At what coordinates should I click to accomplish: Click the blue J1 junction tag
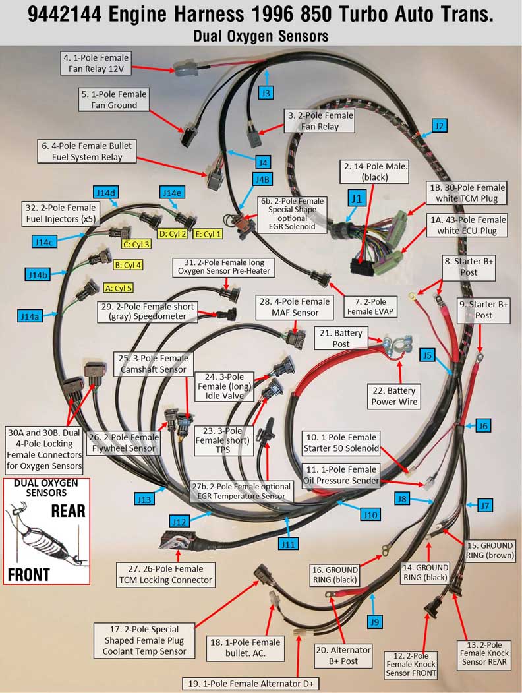click(x=357, y=198)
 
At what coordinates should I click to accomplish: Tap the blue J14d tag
click(x=106, y=193)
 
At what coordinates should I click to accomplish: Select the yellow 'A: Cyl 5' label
click(x=119, y=288)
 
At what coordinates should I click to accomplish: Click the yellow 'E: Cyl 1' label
click(x=208, y=234)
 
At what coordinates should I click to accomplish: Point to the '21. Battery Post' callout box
click(x=341, y=338)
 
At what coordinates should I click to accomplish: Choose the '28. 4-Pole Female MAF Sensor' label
click(x=295, y=307)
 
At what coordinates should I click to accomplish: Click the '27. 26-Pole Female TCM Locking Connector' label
click(x=165, y=574)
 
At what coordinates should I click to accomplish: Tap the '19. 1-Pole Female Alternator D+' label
click(x=251, y=684)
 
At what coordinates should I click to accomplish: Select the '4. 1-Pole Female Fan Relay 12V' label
click(x=96, y=63)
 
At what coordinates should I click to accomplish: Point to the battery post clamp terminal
click(x=397, y=344)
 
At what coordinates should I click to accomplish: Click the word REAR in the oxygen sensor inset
click(x=68, y=511)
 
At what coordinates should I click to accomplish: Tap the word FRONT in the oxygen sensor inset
click(x=29, y=574)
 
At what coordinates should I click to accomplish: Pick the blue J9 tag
click(x=374, y=622)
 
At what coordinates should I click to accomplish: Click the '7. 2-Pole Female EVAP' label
click(x=370, y=307)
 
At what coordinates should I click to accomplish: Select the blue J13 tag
click(x=144, y=499)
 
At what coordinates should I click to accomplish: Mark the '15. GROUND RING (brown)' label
click(x=490, y=550)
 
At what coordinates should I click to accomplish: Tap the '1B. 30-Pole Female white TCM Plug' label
click(x=467, y=193)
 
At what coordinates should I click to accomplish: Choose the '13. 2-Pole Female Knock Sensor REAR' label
click(x=484, y=653)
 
